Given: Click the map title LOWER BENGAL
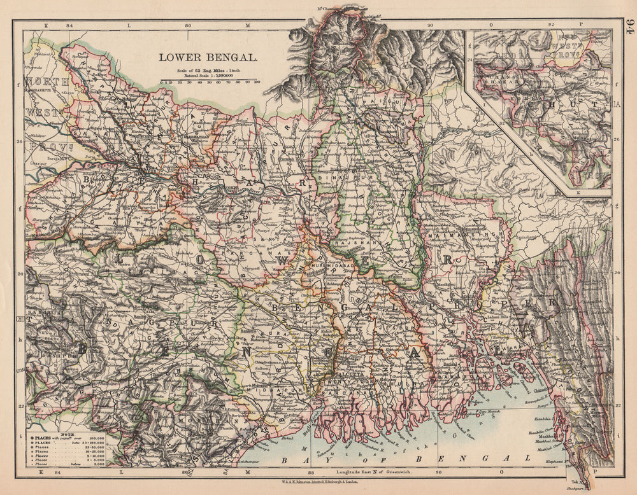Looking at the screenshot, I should pyautogui.click(x=208, y=57).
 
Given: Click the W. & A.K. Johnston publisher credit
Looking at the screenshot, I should pyautogui.click(x=318, y=482).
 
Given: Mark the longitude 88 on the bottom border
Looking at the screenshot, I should pyautogui.click(x=311, y=472).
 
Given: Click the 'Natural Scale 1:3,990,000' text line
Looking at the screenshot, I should pyautogui.click(x=210, y=75).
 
